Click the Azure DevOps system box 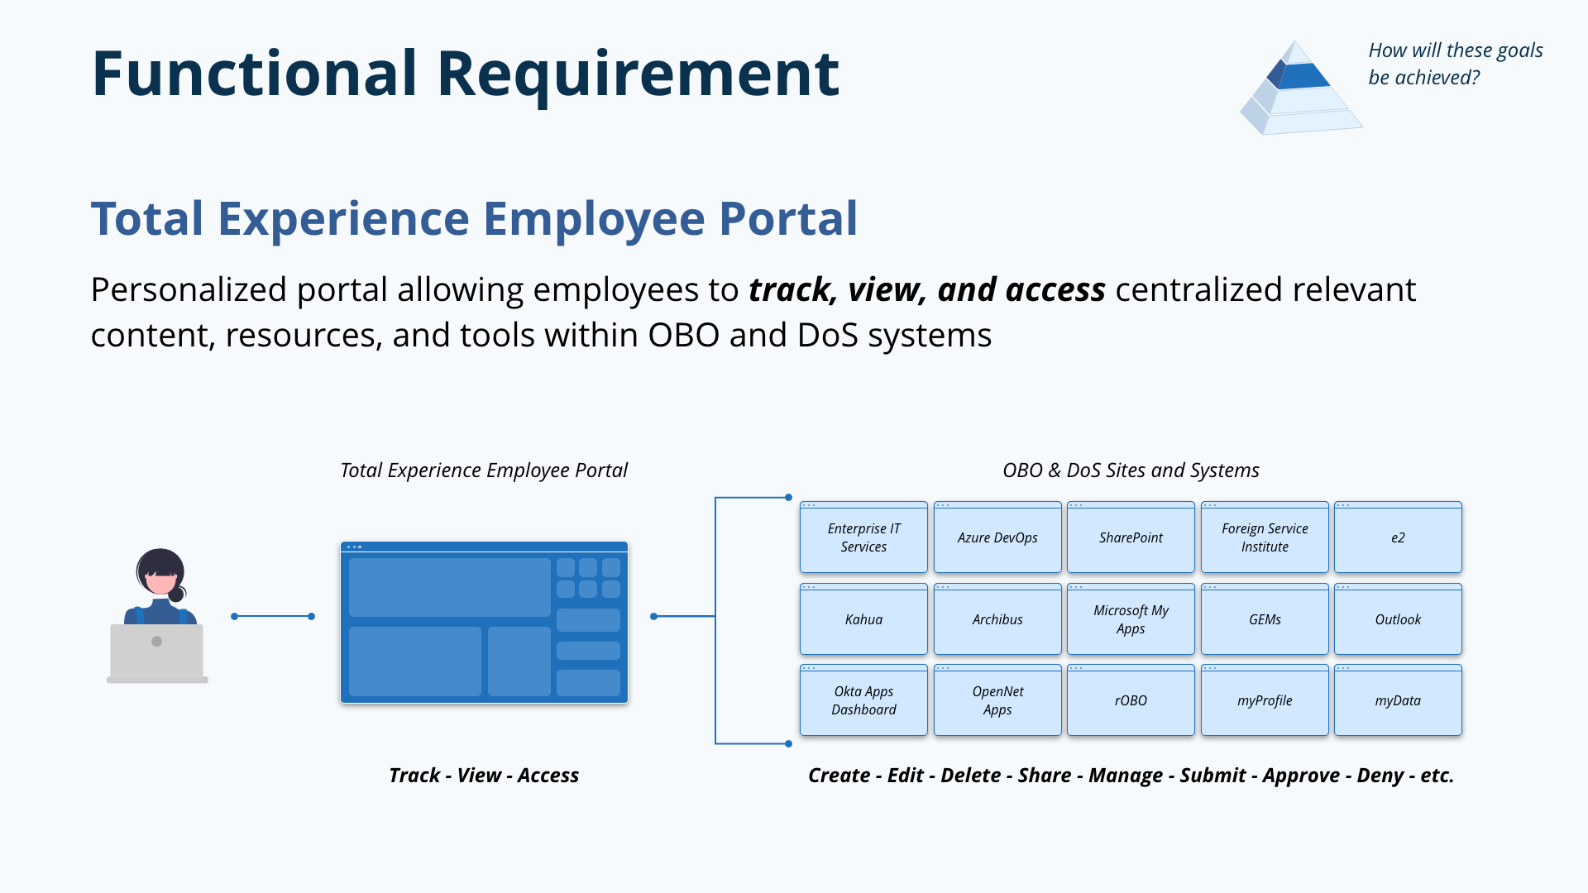997,537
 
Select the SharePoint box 1131,537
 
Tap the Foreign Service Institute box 1265,537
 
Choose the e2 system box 1398,537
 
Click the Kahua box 863,619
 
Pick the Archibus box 997,619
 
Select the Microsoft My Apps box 1131,619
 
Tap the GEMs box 1265,619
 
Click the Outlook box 1398,619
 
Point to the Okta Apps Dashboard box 863,700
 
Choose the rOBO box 1131,700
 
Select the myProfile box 1265,700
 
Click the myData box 1398,700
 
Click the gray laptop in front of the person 157,652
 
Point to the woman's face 160,581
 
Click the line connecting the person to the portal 273,616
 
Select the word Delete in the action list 971,776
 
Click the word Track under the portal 414,776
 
